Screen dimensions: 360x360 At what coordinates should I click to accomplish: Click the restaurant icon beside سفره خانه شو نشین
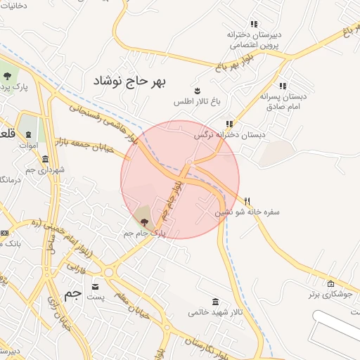point(247,200)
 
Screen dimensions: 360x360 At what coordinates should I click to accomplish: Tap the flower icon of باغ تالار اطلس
point(198,90)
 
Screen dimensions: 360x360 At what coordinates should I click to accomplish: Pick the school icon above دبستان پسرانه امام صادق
point(283,85)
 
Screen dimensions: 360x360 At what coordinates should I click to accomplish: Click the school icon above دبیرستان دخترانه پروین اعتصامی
point(254,24)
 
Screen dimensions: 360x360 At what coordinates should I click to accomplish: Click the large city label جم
point(73,294)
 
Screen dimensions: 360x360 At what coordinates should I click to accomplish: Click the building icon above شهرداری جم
point(46,159)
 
